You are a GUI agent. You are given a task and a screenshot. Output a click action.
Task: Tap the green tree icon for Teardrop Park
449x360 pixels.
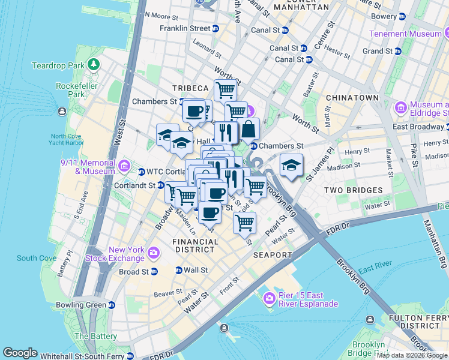pos(93,64)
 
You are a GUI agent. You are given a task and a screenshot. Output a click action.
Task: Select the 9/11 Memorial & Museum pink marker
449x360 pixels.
pos(124,166)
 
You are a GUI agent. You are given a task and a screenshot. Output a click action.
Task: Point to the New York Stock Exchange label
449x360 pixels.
pos(127,254)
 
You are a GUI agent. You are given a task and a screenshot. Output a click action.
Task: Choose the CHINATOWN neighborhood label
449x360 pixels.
pos(352,98)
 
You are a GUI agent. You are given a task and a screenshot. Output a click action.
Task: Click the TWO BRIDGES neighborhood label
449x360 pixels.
pos(353,190)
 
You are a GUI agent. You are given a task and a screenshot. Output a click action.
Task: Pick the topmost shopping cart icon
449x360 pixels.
pos(225,90)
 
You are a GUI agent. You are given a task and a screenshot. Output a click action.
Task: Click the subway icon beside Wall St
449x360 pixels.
pos(178,271)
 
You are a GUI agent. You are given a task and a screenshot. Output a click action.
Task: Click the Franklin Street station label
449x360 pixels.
pos(185,28)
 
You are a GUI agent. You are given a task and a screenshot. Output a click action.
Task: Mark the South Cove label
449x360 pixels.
pos(36,259)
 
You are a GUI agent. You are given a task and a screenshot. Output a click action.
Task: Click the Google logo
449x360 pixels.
pos(20,353)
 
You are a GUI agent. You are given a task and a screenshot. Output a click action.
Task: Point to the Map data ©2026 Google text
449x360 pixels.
pos(412,355)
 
